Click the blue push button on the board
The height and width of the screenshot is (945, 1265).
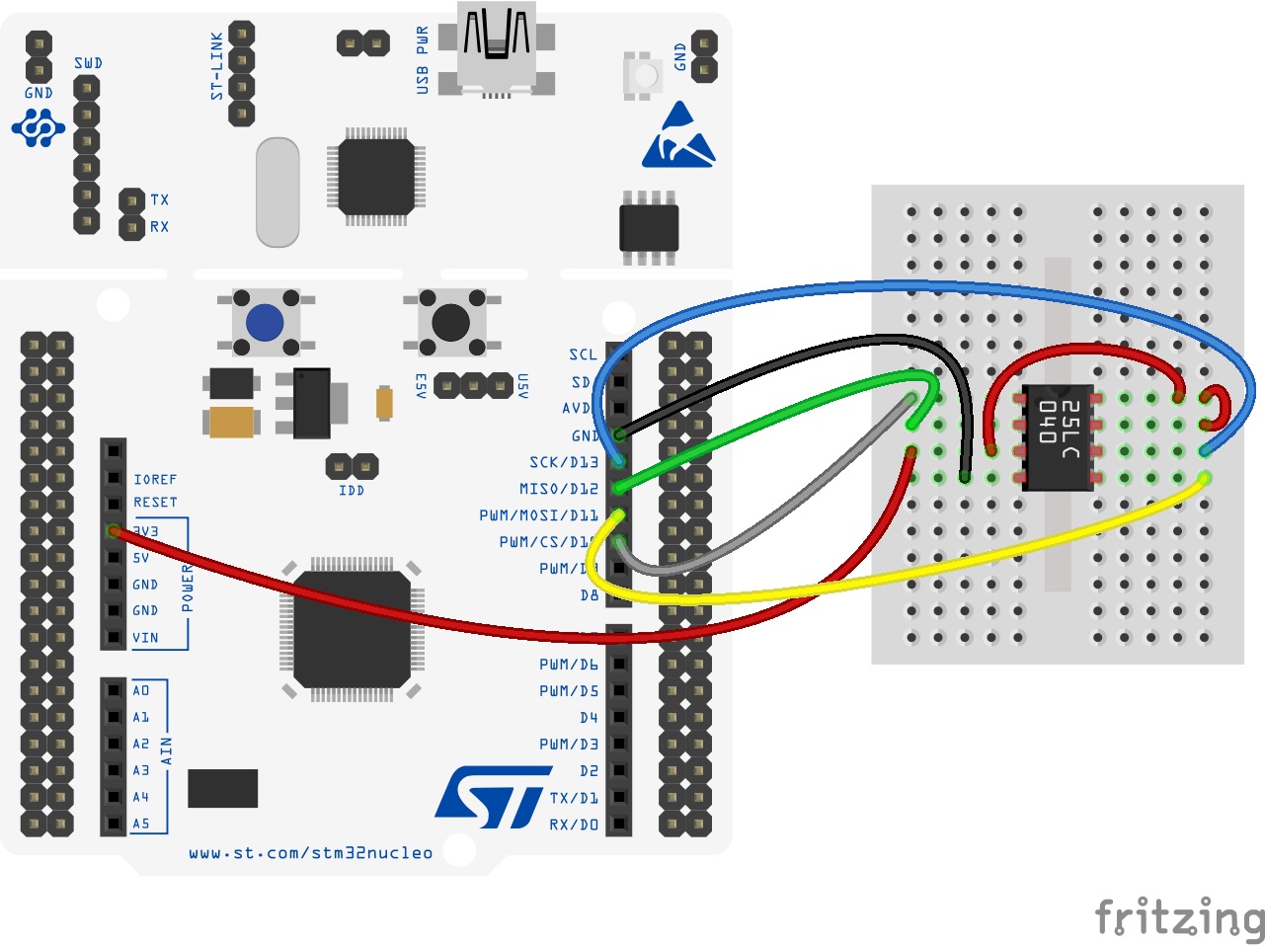click(x=265, y=322)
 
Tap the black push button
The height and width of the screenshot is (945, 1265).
click(x=451, y=322)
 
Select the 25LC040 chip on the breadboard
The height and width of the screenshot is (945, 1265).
click(x=1058, y=436)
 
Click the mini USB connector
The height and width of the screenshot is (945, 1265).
click(x=497, y=49)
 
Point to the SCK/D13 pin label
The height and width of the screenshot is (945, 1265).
click(x=563, y=462)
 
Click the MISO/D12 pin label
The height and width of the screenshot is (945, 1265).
click(x=558, y=489)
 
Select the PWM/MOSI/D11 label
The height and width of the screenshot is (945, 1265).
click(x=538, y=515)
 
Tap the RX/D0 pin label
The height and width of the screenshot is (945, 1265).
click(x=574, y=824)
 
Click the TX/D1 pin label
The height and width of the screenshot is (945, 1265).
click(x=574, y=797)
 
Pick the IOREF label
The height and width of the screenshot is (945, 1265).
click(x=155, y=479)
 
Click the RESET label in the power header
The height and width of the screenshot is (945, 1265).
click(x=155, y=503)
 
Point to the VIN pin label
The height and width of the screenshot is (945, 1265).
click(x=145, y=638)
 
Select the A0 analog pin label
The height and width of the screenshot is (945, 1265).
click(x=141, y=690)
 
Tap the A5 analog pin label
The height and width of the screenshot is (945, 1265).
click(x=141, y=824)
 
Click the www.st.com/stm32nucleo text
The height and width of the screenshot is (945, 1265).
click(x=310, y=853)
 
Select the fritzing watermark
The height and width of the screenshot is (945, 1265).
click(x=1179, y=917)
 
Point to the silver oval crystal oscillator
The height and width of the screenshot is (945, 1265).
click(x=277, y=193)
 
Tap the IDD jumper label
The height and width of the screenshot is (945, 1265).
click(x=351, y=490)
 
